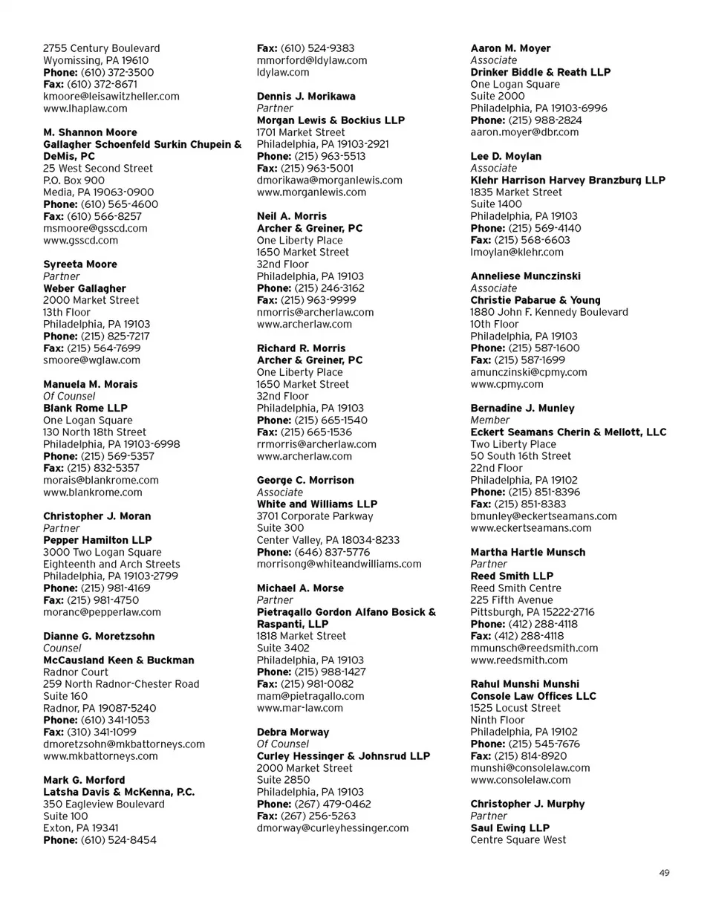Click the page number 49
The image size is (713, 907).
pos(664,873)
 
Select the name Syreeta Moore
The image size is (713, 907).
pos(80,264)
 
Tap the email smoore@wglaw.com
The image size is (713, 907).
pos(92,360)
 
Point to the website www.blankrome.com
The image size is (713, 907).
pos(93,492)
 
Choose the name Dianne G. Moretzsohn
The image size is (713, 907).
pos(99,637)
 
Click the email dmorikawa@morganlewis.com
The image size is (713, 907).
pos(330,181)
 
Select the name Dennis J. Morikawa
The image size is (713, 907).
pos(306,97)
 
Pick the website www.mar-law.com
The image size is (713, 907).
pos(300,709)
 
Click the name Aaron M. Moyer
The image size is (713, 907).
pos(511,48)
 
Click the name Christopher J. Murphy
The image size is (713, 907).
pos(528,804)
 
